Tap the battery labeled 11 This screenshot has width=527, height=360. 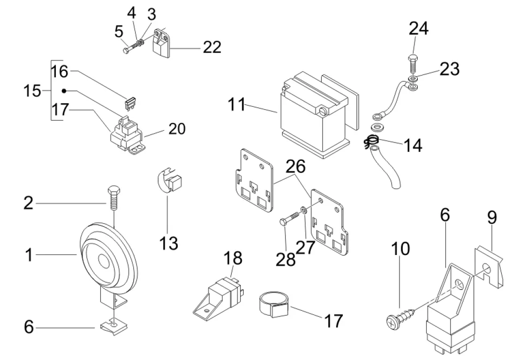pyautogui.click(x=314, y=115)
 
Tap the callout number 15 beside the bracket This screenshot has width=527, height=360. pyautogui.click(x=32, y=90)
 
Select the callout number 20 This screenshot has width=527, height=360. pyautogui.click(x=176, y=128)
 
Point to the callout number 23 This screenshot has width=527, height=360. pyautogui.click(x=449, y=69)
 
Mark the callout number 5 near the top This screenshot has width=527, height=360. pyautogui.click(x=119, y=32)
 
